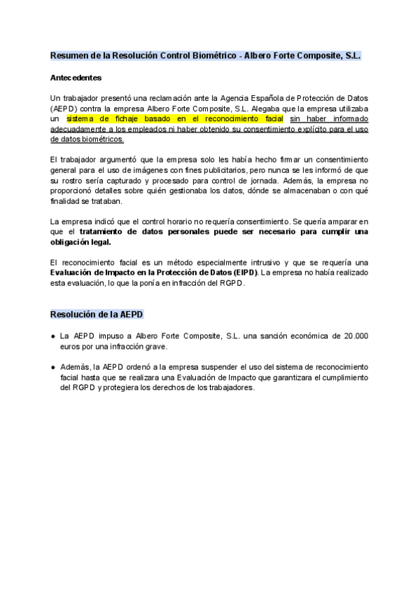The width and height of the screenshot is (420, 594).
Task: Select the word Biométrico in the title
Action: pos(209,55)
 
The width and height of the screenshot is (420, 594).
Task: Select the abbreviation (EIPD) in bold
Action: pos(245,272)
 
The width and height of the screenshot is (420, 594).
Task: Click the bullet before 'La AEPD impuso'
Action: pos(53,336)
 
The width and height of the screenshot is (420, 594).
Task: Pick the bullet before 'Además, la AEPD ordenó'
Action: pos(53,367)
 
